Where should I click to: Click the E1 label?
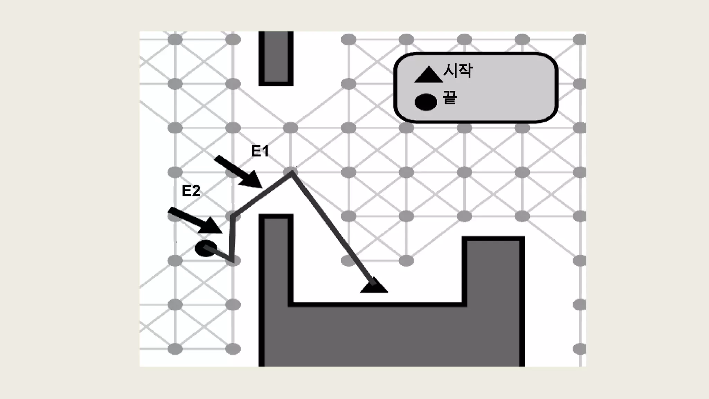260,151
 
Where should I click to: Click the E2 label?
191,191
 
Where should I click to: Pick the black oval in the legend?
426,102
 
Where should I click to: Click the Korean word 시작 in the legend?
458,71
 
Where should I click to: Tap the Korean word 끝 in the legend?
450,97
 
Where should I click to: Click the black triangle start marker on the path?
374,287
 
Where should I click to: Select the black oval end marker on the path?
206,248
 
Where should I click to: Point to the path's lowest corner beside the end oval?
232,259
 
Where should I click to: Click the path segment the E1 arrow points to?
263,194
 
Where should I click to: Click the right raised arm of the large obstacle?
493,270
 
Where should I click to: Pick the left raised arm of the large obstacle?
276,260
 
